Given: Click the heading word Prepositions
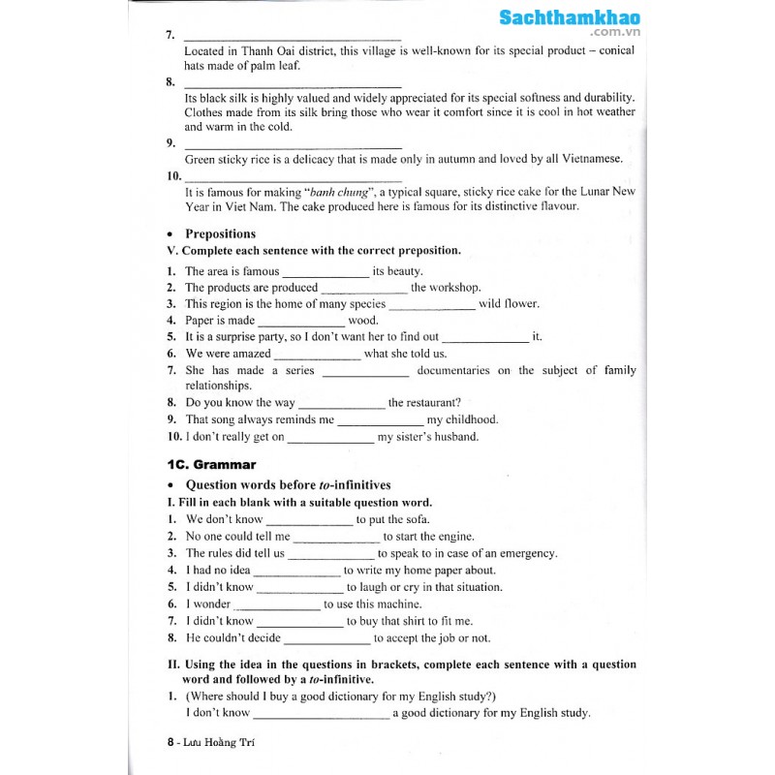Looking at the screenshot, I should pos(220,233).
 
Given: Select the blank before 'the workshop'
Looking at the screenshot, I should pos(364,288).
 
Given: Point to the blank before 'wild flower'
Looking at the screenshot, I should pos(432,304).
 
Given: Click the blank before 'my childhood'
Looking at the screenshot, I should pos(381,420).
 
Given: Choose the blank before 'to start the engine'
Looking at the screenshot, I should pos(336,537).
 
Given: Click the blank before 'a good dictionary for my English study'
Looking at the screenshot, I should pos(322,714).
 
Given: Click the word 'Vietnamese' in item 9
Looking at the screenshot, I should pos(590,159).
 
